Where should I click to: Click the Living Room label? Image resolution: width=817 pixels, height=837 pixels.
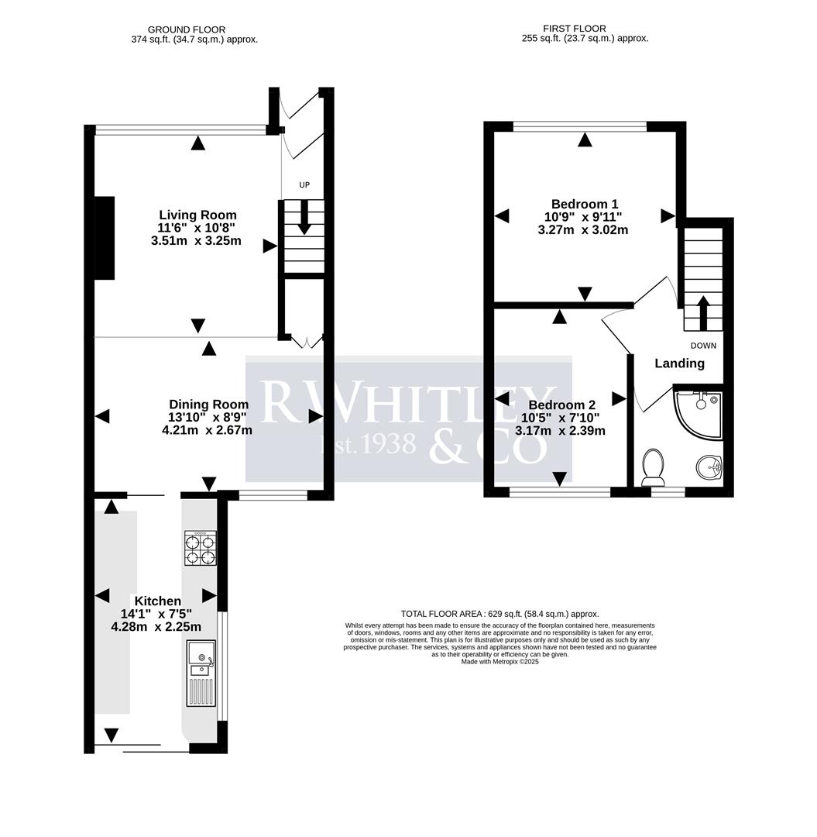coord(197,215)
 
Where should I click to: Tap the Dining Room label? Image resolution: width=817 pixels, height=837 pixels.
coord(208,404)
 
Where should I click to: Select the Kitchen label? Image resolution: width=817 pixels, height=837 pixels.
coord(157,601)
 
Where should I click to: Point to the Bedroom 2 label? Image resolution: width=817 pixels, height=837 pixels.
coord(561,405)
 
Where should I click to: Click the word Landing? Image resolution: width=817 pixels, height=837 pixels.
coord(679,363)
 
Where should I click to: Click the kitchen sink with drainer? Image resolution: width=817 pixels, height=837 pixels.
coord(201,672)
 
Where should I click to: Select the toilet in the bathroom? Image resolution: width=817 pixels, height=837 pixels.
coord(654,465)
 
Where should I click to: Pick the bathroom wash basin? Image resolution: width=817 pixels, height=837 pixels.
coord(709,467)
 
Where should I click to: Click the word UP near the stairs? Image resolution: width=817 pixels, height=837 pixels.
coord(304,185)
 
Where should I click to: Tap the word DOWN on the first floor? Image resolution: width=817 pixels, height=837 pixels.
coord(703,346)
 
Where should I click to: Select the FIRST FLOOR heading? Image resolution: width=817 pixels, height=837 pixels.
coord(575,29)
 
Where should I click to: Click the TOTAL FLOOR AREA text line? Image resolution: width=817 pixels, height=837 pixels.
coord(499,614)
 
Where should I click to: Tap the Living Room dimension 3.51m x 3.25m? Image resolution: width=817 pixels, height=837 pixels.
coord(196,240)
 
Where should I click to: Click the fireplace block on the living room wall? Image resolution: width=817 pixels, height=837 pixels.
coord(104,238)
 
